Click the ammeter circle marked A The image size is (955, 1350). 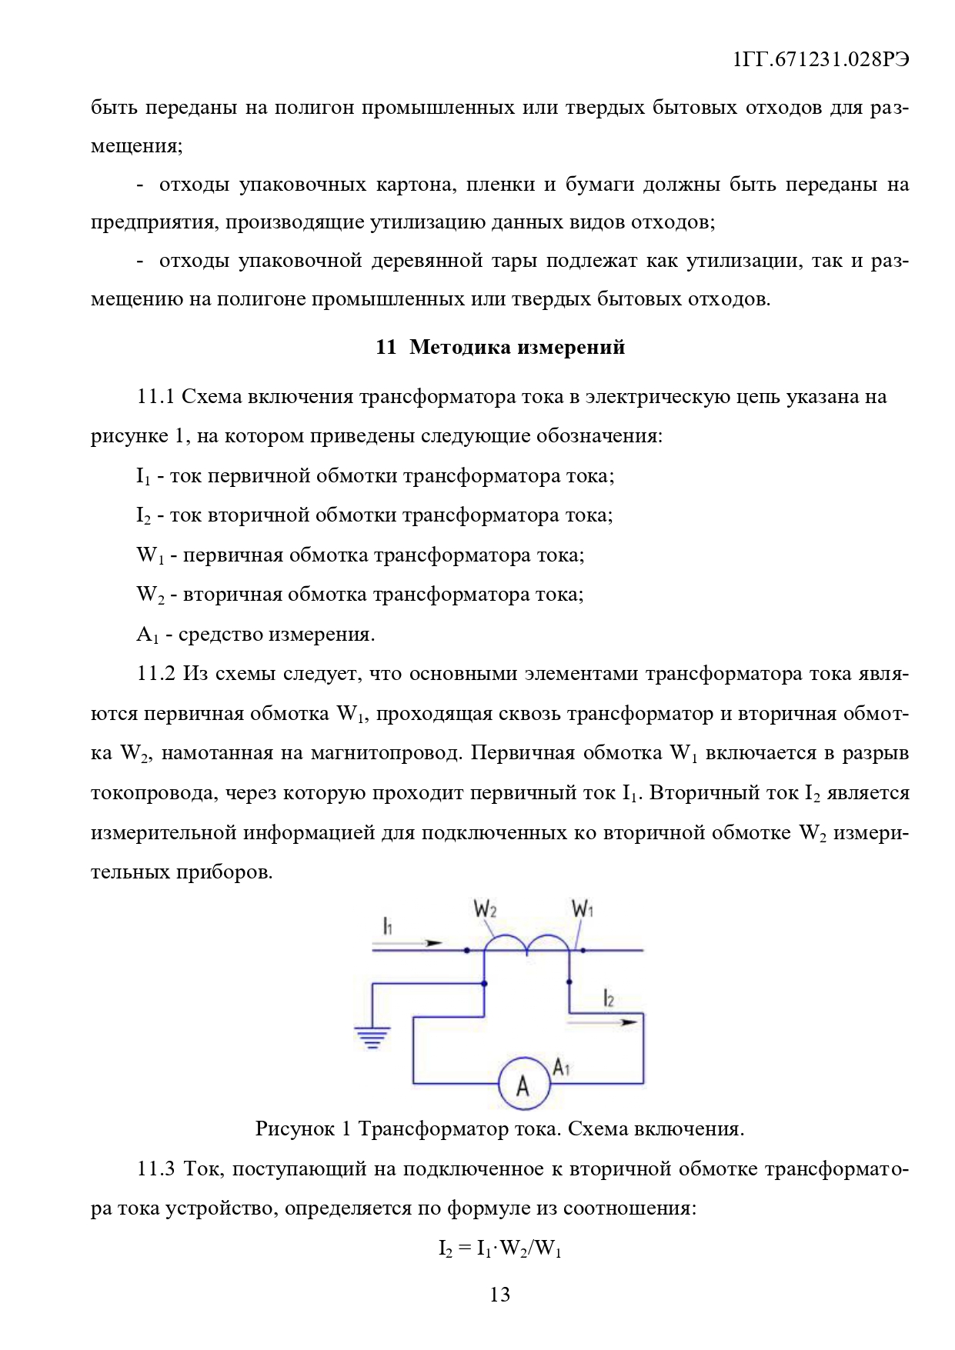pos(524,1084)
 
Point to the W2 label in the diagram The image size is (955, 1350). pos(485,909)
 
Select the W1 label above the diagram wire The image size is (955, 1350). pos(583,909)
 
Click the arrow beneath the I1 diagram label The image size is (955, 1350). pos(412,942)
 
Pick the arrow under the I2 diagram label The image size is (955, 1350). pos(603,1022)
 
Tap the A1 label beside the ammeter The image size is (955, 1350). pos(562,1068)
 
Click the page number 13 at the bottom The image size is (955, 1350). pos(499,1295)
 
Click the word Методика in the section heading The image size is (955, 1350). pos(459,347)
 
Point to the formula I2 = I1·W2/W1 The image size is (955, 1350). pos(499,1248)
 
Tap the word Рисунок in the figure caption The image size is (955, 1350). pos(295,1129)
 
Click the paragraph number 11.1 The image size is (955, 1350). pos(155,397)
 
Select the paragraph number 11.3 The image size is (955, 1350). pos(155,1169)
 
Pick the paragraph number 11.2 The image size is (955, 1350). pos(155,674)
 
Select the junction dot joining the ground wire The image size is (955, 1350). pos(484,983)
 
